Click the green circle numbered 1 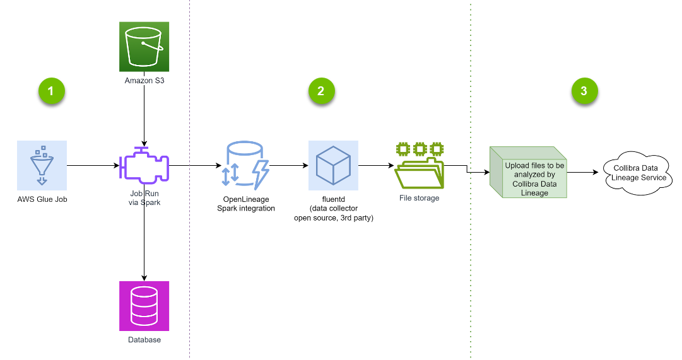point(51,91)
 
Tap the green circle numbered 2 point(321,91)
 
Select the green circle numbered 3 point(584,91)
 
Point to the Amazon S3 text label point(144,81)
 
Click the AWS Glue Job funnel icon point(42,166)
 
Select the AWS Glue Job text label point(42,200)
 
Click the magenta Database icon point(144,306)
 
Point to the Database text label point(144,340)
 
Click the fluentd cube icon point(333,166)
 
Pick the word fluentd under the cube point(332,199)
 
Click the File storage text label point(420,199)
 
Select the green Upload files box point(529,173)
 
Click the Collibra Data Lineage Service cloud point(638,172)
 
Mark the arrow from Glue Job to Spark point(93,166)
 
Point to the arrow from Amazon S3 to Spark point(145,113)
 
